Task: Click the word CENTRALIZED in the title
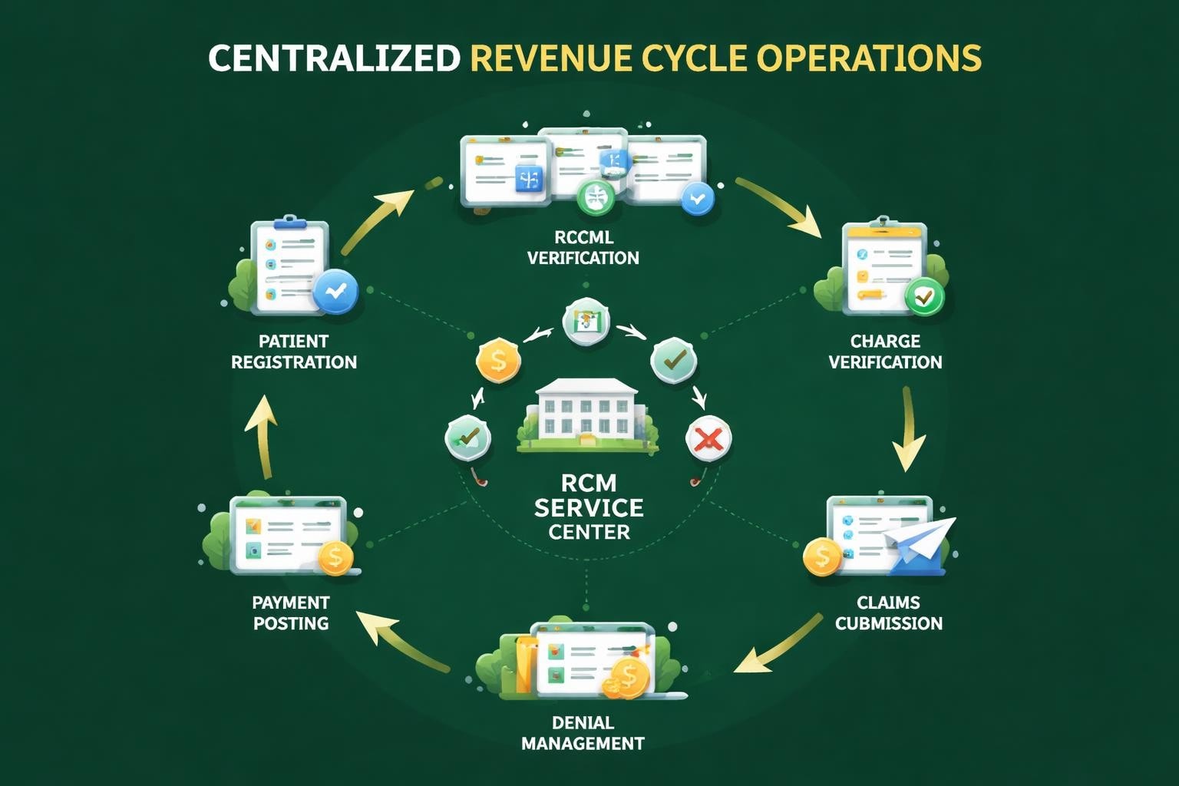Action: [x=334, y=58]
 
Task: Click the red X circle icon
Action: [x=708, y=439]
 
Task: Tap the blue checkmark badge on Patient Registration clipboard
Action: [x=335, y=291]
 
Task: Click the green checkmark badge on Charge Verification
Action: [x=925, y=296]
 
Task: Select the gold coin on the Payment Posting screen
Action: [x=335, y=557]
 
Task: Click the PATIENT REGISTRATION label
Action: [x=293, y=352]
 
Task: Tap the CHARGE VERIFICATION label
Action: [x=885, y=352]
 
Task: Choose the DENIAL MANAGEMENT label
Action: [x=583, y=732]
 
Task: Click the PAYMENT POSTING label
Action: [x=291, y=613]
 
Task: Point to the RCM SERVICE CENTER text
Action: [x=589, y=507]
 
